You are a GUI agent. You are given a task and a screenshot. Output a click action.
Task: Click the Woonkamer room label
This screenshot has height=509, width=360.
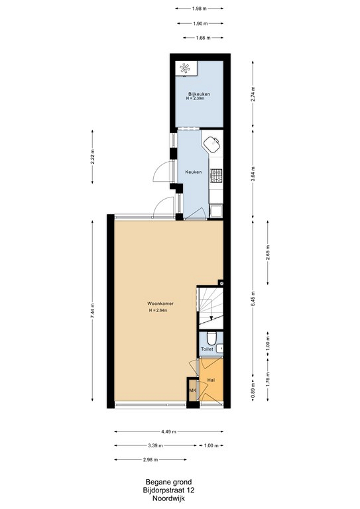(x=160, y=304)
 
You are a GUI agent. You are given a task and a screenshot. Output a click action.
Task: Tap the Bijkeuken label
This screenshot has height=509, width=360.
(x=199, y=94)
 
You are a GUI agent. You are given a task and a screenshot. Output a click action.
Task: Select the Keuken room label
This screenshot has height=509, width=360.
(x=194, y=172)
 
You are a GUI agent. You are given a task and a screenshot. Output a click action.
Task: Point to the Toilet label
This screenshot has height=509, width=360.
(x=207, y=349)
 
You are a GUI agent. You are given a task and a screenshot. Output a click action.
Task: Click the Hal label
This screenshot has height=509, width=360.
(x=211, y=380)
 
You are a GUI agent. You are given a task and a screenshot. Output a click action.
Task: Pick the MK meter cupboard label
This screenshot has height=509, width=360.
(x=193, y=390)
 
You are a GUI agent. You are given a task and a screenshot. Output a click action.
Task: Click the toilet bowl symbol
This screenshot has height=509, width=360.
(x=211, y=339)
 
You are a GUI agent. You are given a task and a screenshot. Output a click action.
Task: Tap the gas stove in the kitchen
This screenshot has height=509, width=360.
(x=216, y=176)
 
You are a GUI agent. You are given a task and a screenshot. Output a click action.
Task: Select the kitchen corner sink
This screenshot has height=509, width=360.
(x=211, y=143)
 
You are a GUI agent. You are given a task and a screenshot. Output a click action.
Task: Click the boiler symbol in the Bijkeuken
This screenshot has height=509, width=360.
(x=185, y=68)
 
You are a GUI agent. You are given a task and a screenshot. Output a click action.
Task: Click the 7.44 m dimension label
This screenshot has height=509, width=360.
(x=93, y=311)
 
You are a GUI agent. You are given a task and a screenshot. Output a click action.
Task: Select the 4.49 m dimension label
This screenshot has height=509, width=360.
(x=169, y=431)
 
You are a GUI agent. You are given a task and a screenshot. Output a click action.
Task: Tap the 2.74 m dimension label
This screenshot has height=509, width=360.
(x=253, y=94)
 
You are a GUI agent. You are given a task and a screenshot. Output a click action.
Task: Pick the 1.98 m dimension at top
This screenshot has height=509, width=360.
(x=199, y=9)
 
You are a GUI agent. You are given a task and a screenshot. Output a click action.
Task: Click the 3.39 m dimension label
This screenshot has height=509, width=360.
(x=156, y=445)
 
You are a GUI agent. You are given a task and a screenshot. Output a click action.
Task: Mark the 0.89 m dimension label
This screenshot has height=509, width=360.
(x=253, y=389)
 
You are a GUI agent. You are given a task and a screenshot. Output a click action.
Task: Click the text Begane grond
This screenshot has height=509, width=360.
(x=168, y=482)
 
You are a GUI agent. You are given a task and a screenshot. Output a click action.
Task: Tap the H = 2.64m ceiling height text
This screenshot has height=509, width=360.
(x=158, y=311)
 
